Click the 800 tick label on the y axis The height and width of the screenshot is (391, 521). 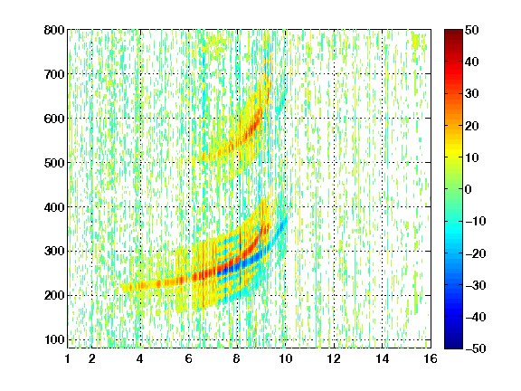coord(54,30)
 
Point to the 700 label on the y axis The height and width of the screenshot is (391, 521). coord(54,74)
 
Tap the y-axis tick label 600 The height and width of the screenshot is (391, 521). coord(54,119)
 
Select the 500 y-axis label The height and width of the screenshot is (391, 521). coord(54,163)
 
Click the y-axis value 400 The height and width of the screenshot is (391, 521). coord(54,207)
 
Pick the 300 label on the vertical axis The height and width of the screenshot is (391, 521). coord(54,251)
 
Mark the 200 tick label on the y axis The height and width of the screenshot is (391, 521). coord(54,295)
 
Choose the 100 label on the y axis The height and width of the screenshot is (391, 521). coord(54,339)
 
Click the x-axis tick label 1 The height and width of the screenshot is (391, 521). coord(68,358)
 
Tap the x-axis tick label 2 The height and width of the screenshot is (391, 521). coord(92,358)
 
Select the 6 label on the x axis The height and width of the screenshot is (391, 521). coord(189,358)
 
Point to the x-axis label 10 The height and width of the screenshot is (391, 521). coord(285,358)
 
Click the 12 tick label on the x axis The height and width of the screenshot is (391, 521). coord(334,358)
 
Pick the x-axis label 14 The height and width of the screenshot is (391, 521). coord(382,358)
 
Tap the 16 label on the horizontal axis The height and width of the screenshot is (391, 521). coord(431,358)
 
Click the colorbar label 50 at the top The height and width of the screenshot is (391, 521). coord(471,30)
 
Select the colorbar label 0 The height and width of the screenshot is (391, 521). coord(469,189)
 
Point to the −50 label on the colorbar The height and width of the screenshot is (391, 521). coord(476,348)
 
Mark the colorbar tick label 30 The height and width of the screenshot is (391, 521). coord(471,94)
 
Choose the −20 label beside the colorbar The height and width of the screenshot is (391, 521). coord(476,253)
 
